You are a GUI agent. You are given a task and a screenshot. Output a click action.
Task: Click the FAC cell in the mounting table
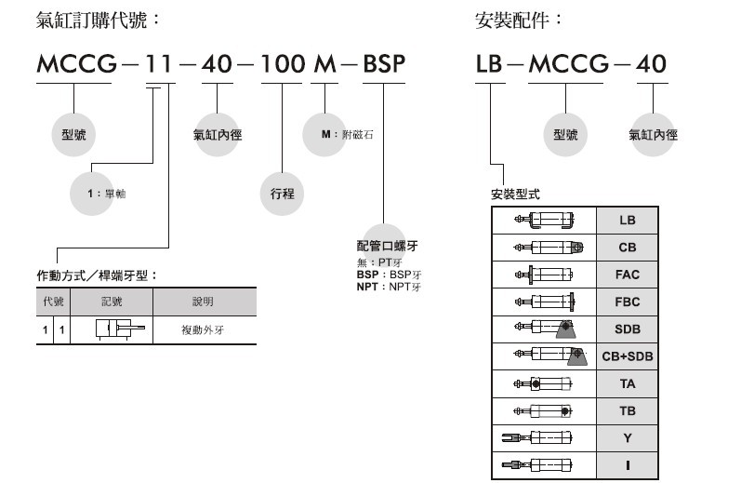pyautogui.click(x=628, y=275)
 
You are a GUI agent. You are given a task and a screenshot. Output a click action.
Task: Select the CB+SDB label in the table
pyautogui.click(x=628, y=356)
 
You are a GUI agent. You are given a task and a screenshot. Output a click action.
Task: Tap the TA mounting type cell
pyautogui.click(x=628, y=383)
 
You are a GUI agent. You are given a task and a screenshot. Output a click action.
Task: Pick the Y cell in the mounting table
pyautogui.click(x=628, y=437)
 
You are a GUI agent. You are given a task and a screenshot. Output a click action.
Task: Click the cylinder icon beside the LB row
pyautogui.click(x=544, y=221)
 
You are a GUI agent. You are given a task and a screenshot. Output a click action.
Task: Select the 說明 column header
pyautogui.click(x=203, y=302)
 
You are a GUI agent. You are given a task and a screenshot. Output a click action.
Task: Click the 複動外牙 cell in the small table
pyautogui.click(x=203, y=329)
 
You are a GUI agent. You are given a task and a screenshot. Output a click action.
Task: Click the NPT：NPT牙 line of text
pyautogui.click(x=390, y=287)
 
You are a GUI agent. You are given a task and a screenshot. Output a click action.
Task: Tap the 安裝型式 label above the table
pyautogui.click(x=514, y=195)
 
